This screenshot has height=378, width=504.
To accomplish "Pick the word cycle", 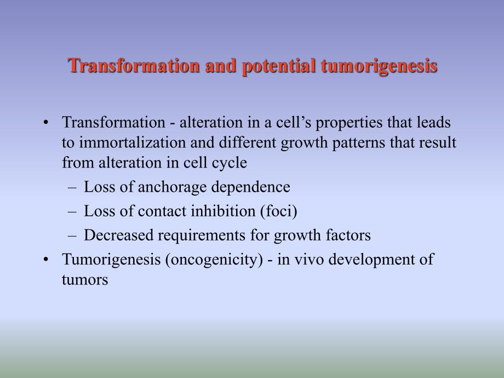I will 231,163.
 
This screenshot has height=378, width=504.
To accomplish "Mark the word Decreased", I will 117,235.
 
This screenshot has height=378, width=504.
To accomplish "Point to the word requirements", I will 200,235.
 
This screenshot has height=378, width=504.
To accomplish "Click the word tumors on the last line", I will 85,279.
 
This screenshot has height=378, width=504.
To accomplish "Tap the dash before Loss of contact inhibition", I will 72,211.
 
